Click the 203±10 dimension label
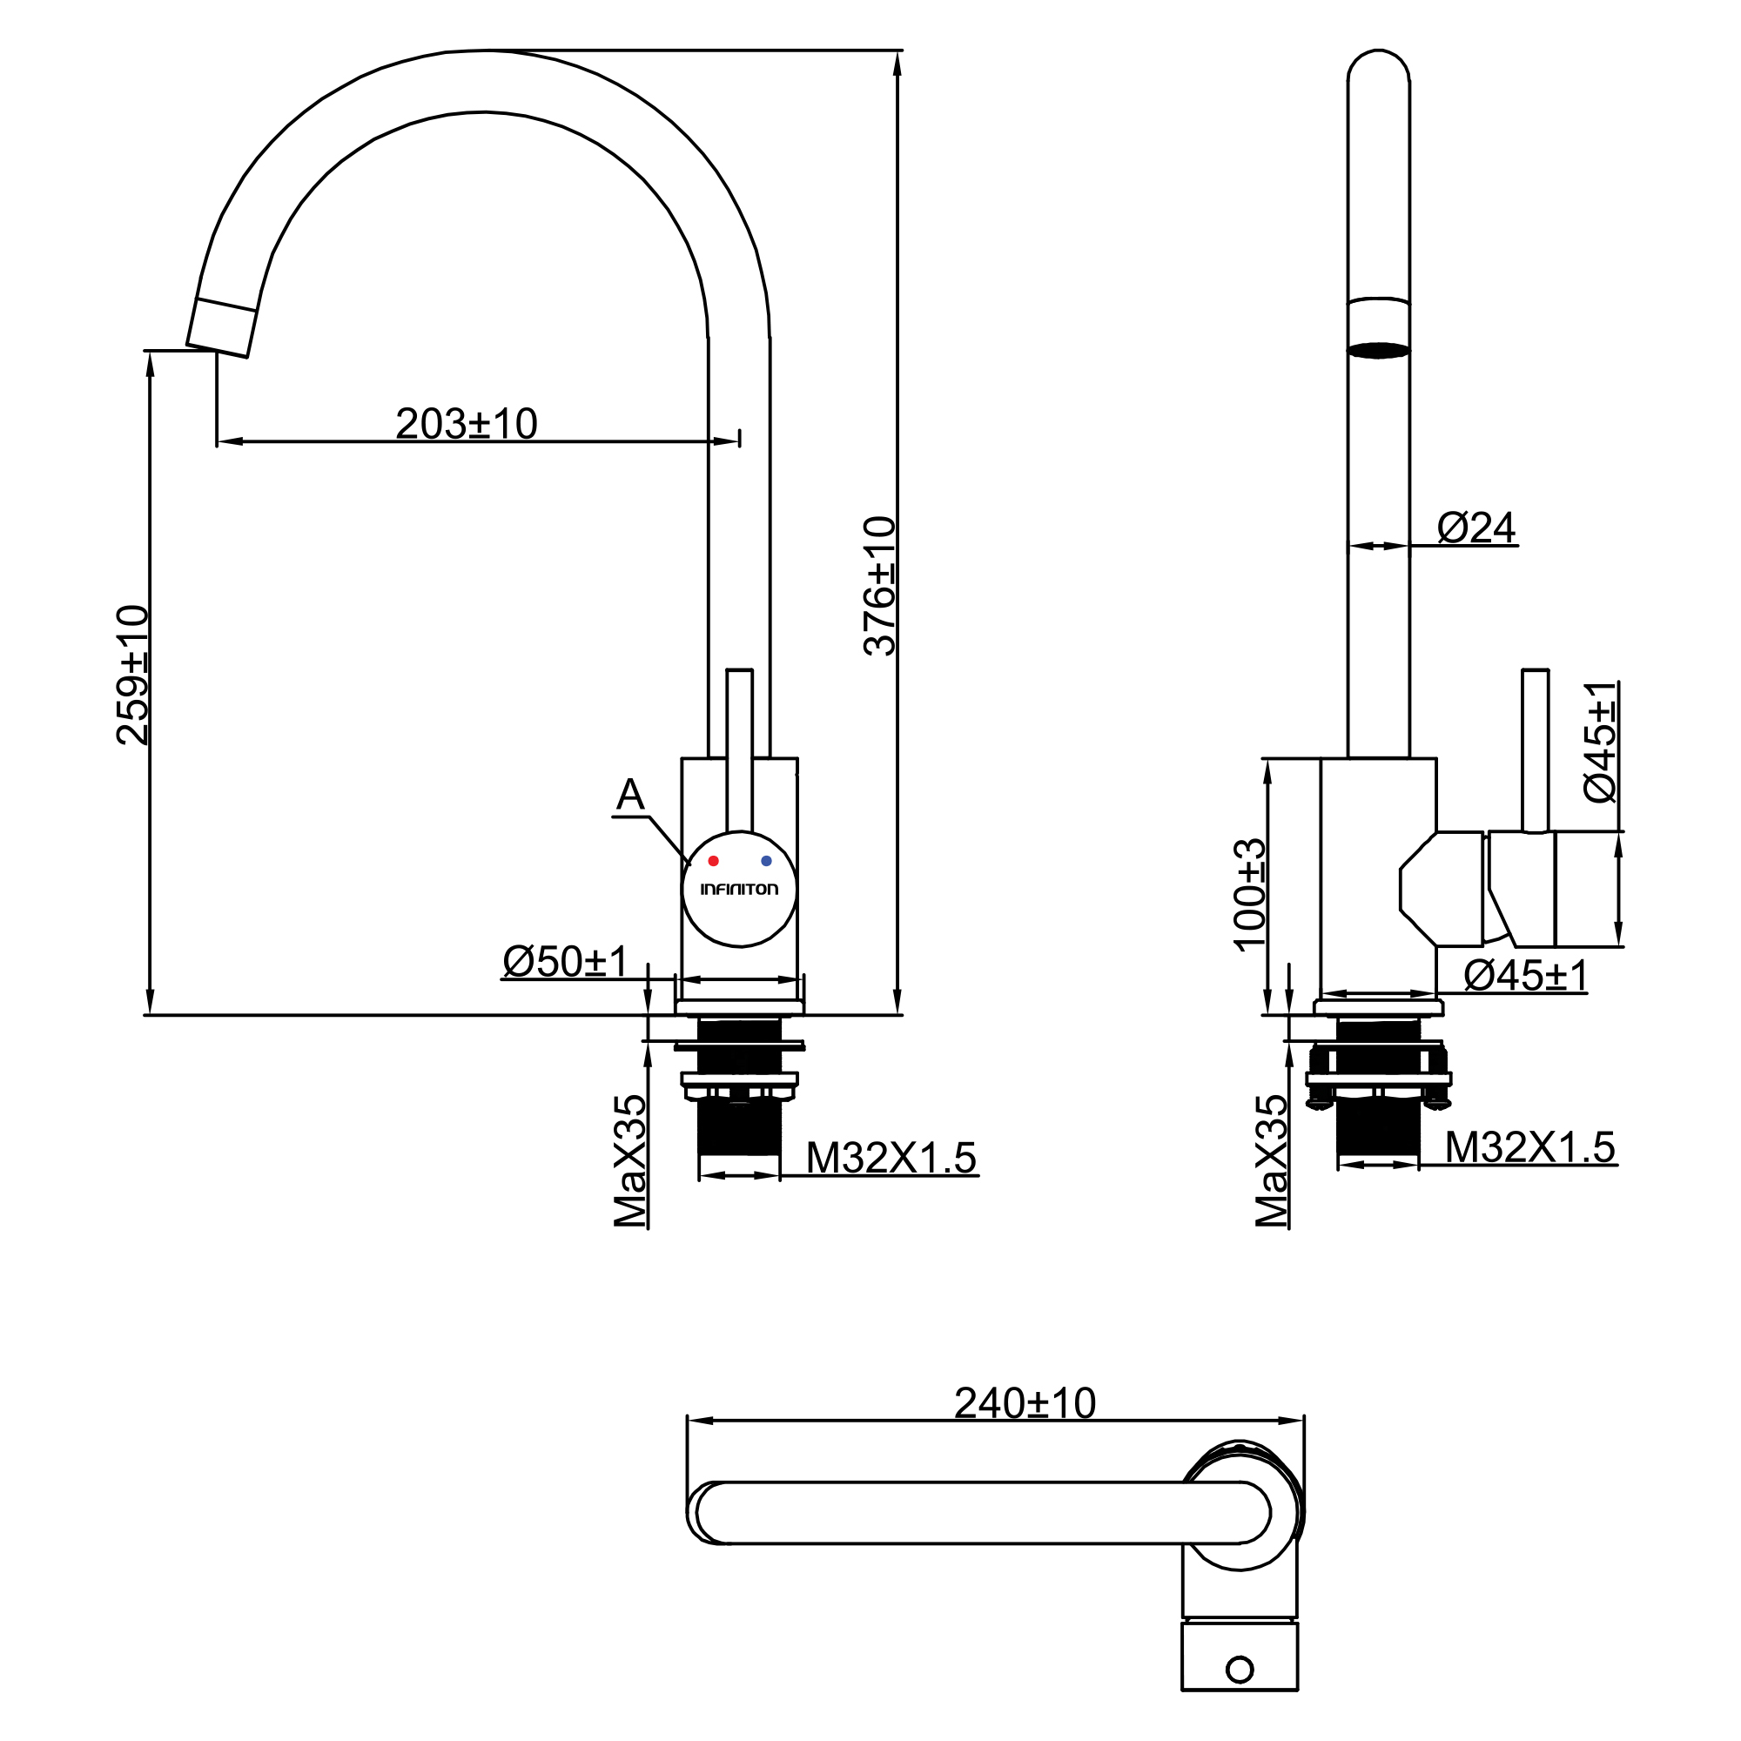pyautogui.click(x=466, y=424)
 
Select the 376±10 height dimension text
pyautogui.click(x=879, y=586)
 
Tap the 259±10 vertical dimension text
pyautogui.click(x=132, y=675)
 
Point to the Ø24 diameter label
pyautogui.click(x=1476, y=528)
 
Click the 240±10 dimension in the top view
pyautogui.click(x=1025, y=1403)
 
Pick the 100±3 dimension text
pyautogui.click(x=1249, y=894)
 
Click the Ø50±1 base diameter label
pyautogui.click(x=565, y=962)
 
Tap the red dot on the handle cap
pyautogui.click(x=713, y=862)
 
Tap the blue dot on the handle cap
pyautogui.click(x=766, y=862)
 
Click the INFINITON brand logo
pyautogui.click(x=739, y=890)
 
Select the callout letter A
pyautogui.click(x=630, y=796)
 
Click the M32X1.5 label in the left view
pyautogui.click(x=891, y=1158)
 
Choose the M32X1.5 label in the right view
pyautogui.click(x=1529, y=1147)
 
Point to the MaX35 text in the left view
pyautogui.click(x=630, y=1160)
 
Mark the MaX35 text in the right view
pyautogui.click(x=1272, y=1160)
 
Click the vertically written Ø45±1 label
pyautogui.click(x=1601, y=742)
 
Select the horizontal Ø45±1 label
pyautogui.click(x=1525, y=976)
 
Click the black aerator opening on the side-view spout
pyautogui.click(x=1378, y=350)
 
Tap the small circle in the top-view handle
pyautogui.click(x=1240, y=1670)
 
